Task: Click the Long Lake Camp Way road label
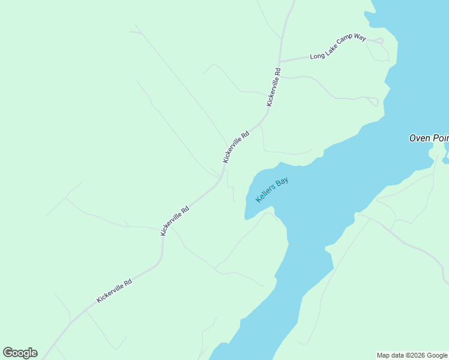[x=338, y=47]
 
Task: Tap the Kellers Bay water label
[x=272, y=190]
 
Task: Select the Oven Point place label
[x=429, y=138]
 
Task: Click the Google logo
[x=20, y=353]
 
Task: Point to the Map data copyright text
[x=412, y=355]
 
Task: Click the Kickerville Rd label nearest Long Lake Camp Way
[x=274, y=87]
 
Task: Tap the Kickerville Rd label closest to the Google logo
[x=114, y=290]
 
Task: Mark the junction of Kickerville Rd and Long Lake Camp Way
[x=279, y=62]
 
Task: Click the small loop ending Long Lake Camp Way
[x=378, y=41]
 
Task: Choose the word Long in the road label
[x=317, y=56]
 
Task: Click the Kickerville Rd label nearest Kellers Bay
[x=235, y=148]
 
